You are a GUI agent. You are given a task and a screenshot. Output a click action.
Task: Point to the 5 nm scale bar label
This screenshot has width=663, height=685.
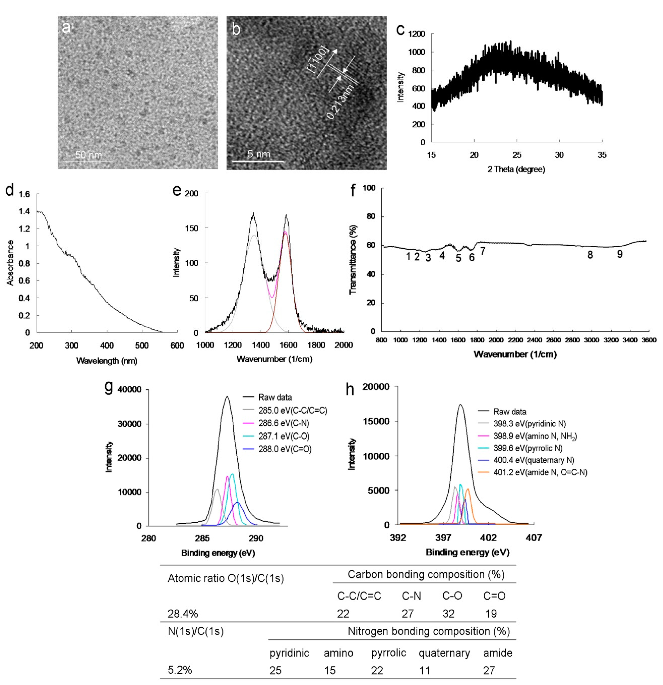click(x=259, y=154)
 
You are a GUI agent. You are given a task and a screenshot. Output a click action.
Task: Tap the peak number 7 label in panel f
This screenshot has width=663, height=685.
click(x=482, y=251)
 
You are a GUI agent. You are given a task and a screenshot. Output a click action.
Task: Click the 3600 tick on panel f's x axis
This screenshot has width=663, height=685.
click(x=649, y=340)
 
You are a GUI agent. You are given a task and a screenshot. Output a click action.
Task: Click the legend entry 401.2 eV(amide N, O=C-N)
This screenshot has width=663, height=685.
click(x=540, y=472)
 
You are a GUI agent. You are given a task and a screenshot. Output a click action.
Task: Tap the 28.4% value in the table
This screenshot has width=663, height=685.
click(x=183, y=613)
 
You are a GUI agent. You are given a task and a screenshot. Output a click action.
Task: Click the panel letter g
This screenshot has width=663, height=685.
click(x=109, y=388)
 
